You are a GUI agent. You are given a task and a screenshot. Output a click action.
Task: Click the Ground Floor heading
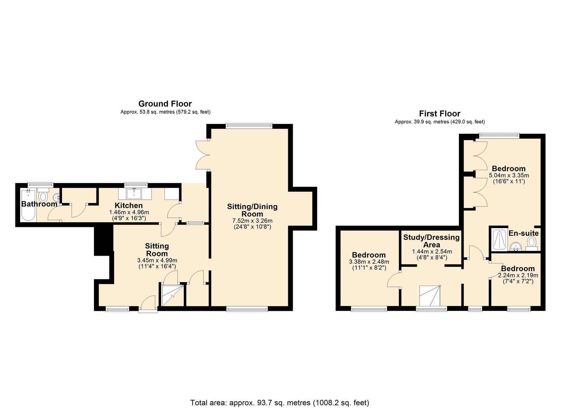coord(165,104)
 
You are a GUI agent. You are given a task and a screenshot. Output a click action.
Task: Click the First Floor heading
coord(440,114)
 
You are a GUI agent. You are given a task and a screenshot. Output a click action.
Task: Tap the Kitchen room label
coord(129,206)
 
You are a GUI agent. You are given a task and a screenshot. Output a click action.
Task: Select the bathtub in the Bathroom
coord(28,206)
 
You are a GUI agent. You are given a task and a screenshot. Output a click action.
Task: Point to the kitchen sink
coord(134,193)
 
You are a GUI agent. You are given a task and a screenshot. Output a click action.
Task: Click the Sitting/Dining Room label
coord(252,210)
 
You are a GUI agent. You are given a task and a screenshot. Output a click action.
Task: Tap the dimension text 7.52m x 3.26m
coord(252,221)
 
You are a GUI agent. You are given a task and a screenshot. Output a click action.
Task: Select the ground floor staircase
coord(173,295)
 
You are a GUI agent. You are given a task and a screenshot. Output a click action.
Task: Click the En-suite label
coord(523,233)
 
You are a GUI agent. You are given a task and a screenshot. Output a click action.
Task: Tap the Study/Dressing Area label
coord(431,241)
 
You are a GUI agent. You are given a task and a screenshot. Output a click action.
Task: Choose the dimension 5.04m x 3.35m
coord(509,175)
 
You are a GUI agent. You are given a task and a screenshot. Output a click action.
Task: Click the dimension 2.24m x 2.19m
coord(518,275)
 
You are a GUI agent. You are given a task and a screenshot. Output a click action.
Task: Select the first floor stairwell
coord(430,296)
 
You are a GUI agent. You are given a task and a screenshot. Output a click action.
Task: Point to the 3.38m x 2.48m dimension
coord(369,262)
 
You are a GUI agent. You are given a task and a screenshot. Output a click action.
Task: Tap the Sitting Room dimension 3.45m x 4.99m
coord(157,260)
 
